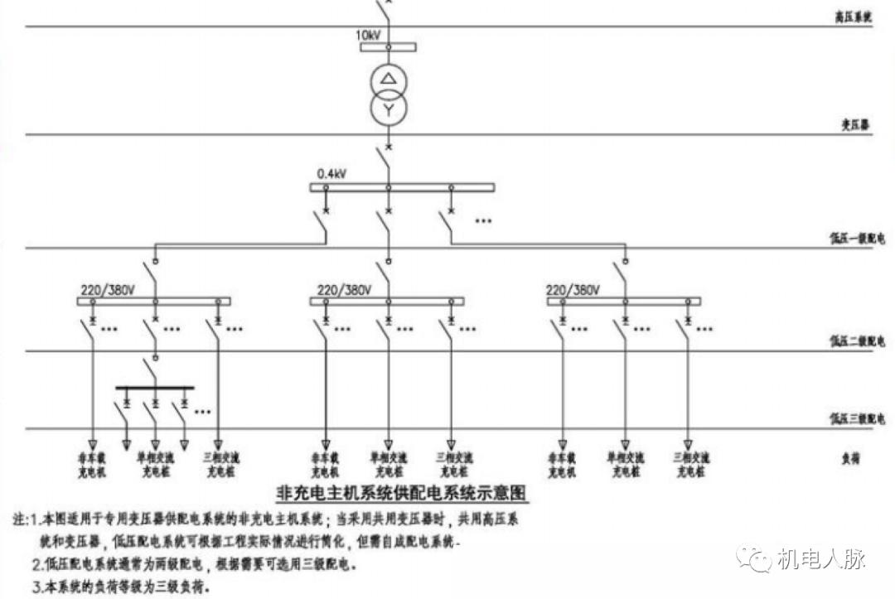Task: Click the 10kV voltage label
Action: (370, 36)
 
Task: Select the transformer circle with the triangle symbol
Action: (388, 80)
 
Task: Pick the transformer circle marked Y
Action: (388, 110)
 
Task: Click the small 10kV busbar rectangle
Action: (388, 46)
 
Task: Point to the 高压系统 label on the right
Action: (854, 17)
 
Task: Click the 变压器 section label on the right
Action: (854, 126)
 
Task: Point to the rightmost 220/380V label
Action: (572, 291)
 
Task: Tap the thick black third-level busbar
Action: (154, 387)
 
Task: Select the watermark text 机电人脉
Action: (820, 559)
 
